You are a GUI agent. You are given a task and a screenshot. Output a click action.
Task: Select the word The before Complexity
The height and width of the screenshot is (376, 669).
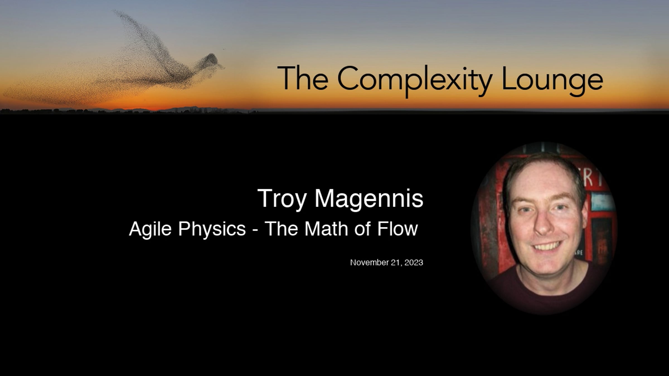click(x=303, y=78)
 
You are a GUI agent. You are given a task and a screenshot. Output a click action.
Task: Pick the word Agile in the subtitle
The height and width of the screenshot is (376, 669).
click(x=150, y=229)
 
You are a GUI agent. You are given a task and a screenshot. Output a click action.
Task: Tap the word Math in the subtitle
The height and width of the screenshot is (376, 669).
click(x=326, y=229)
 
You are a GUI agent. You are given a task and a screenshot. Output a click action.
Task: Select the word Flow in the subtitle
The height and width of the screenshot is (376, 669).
click(x=397, y=229)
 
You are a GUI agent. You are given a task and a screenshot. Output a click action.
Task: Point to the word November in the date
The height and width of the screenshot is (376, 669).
click(x=368, y=262)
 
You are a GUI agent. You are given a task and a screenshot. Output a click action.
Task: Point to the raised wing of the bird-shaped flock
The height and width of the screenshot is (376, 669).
click(x=139, y=36)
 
